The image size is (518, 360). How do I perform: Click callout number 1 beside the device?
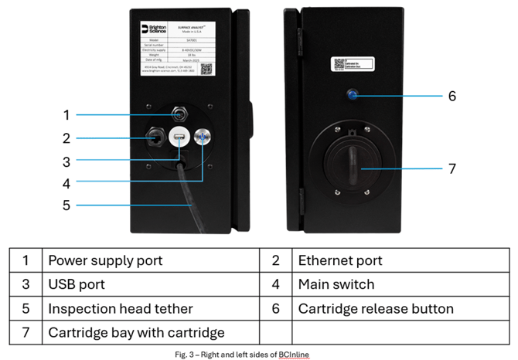tap(66, 115)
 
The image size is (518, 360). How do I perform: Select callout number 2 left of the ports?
tap(66, 139)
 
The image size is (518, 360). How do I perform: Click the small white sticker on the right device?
tap(349, 66)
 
